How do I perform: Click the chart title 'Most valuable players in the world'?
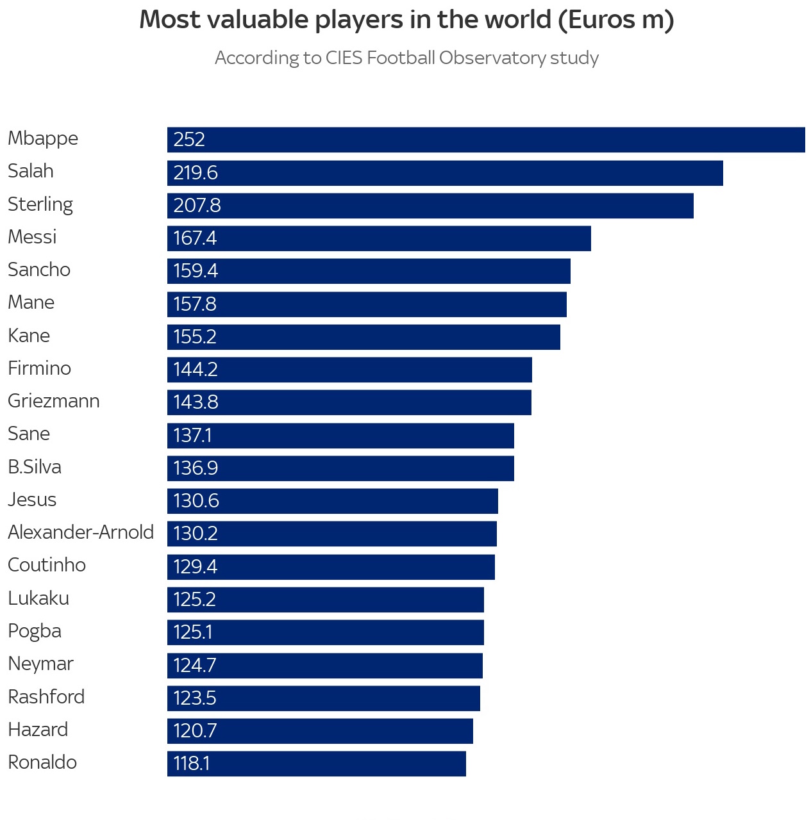[x=406, y=20]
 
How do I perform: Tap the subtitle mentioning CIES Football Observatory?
[x=406, y=58]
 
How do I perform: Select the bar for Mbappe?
[x=486, y=140]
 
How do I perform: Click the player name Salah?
[x=31, y=171]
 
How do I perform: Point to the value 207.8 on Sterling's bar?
[x=197, y=206]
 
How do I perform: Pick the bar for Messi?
[x=379, y=238]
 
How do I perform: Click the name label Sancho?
[x=39, y=270]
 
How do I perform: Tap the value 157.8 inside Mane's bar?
[x=195, y=304]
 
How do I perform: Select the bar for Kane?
[x=364, y=337]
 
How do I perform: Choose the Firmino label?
[x=39, y=368]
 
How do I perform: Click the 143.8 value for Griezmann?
[x=196, y=402]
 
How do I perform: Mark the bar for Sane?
[x=340, y=436]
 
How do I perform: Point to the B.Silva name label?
[x=35, y=467]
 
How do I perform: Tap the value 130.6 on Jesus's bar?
[x=196, y=501]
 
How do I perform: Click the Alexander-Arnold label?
[x=81, y=532]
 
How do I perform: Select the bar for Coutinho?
[x=331, y=567]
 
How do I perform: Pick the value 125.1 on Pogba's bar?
[x=193, y=632]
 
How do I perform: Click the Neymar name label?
[x=40, y=664]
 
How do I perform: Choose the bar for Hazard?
[x=320, y=731]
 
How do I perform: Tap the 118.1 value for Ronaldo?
[x=192, y=764]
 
